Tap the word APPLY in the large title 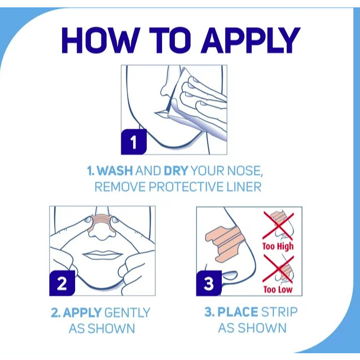point(251,41)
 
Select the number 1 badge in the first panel point(134,142)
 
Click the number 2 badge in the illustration point(62,283)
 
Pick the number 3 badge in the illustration point(209,283)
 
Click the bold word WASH point(115,170)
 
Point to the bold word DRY point(176,170)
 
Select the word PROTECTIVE point(186,187)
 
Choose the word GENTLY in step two point(127,313)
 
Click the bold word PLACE point(238,312)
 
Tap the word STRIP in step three point(279,312)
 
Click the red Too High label point(278,247)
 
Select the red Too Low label point(278,289)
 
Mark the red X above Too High point(278,226)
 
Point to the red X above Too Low point(278,269)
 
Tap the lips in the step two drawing point(102,255)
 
